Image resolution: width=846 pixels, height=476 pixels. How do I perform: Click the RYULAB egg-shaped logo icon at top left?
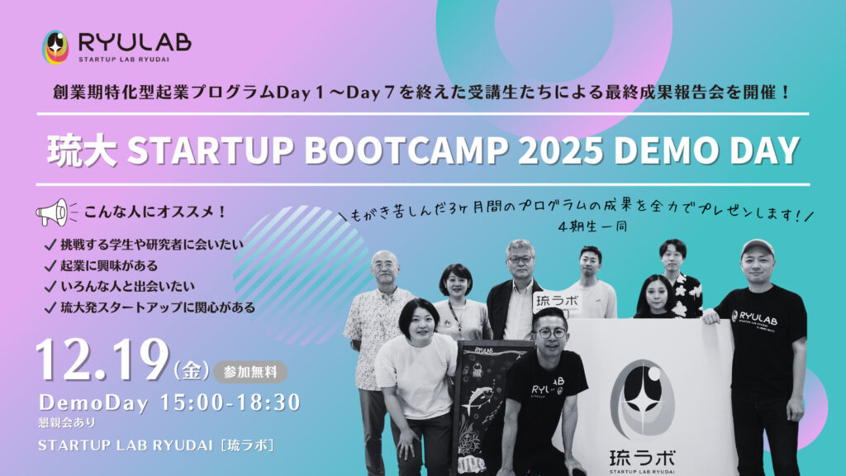coord(55,47)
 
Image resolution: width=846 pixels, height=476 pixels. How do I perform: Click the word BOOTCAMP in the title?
coord(406,150)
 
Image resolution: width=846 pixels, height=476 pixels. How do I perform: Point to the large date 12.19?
coord(102,359)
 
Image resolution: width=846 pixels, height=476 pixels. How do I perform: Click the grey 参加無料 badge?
coord(250,372)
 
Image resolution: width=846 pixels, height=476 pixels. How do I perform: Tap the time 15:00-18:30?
coord(231,402)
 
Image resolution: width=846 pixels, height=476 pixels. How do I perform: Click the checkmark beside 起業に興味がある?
coord(50,266)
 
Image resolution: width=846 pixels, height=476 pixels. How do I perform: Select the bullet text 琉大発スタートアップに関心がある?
coord(158,307)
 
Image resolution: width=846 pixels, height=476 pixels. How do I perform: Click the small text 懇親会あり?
coord(66,422)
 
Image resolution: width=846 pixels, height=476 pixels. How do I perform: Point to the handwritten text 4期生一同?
coord(592,226)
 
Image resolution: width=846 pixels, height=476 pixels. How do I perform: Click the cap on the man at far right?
coord(758,248)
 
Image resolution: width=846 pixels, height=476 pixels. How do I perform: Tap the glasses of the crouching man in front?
coord(550,333)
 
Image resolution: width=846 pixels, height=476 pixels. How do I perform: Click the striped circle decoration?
coord(300,275)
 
